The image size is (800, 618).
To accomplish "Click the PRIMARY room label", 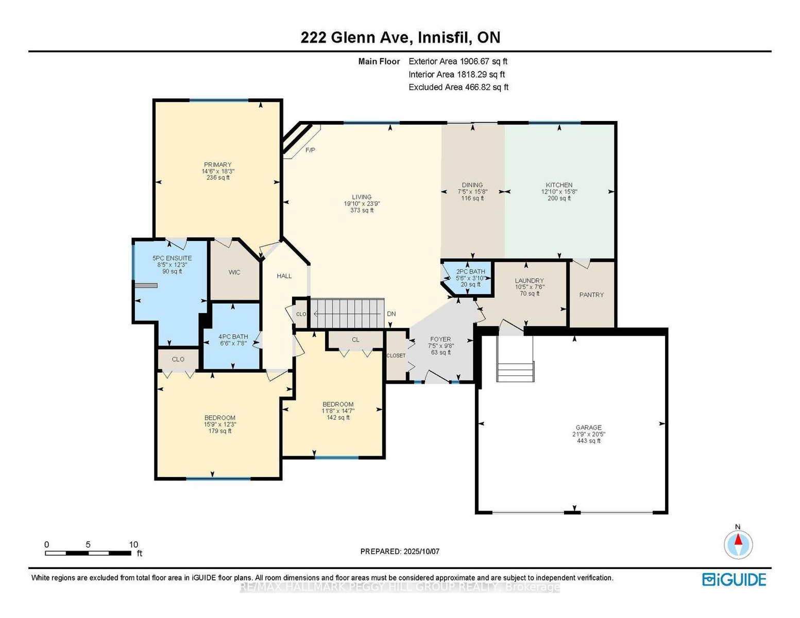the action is coord(217,164).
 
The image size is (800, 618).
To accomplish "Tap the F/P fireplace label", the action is coord(310,150).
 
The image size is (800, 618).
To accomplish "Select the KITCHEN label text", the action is coord(559,185).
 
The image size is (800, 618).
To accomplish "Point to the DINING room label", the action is coord(472,185).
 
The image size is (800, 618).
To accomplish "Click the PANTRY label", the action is coord(591,295).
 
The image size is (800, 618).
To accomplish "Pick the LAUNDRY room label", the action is coord(529,281).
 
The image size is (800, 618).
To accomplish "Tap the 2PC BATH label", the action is coord(470,271).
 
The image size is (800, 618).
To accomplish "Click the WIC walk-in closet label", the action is coord(234,272).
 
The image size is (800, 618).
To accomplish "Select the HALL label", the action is coord(284,276).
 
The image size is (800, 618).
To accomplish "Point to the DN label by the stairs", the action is coord(392,314).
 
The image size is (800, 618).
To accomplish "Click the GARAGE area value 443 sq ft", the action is coord(589,441).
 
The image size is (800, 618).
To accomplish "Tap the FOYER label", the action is coord(440,339).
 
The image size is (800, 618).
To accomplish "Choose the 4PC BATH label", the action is coord(233,336).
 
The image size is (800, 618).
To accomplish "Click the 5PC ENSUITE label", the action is coord(172,258).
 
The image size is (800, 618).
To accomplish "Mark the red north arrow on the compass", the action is coord(738,540).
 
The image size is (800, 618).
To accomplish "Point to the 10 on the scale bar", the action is coord(133,544).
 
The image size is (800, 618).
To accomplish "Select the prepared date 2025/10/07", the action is coord(421,552).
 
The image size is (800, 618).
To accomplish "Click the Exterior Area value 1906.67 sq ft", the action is coord(482,61).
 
